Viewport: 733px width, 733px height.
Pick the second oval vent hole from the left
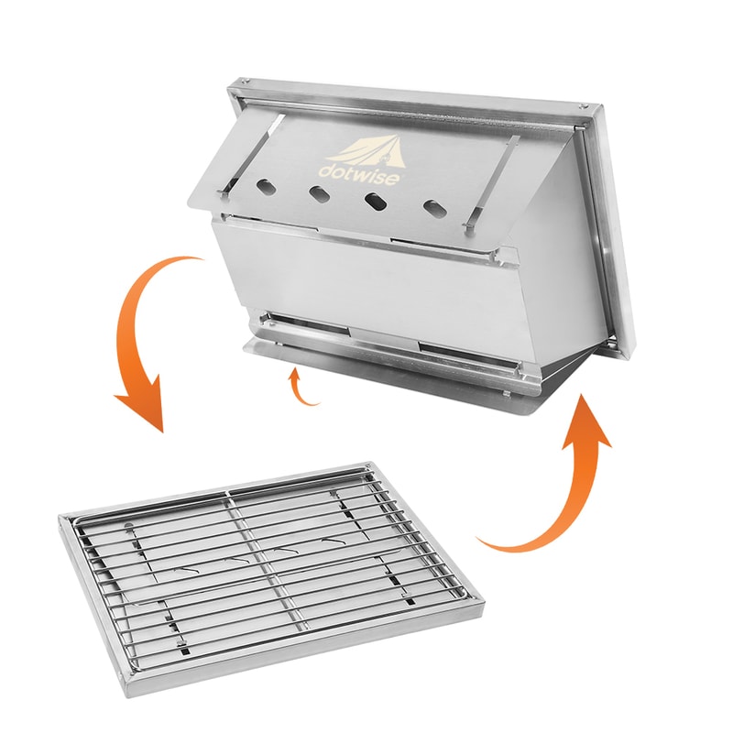point(320,194)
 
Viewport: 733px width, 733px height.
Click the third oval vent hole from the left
point(376,201)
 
